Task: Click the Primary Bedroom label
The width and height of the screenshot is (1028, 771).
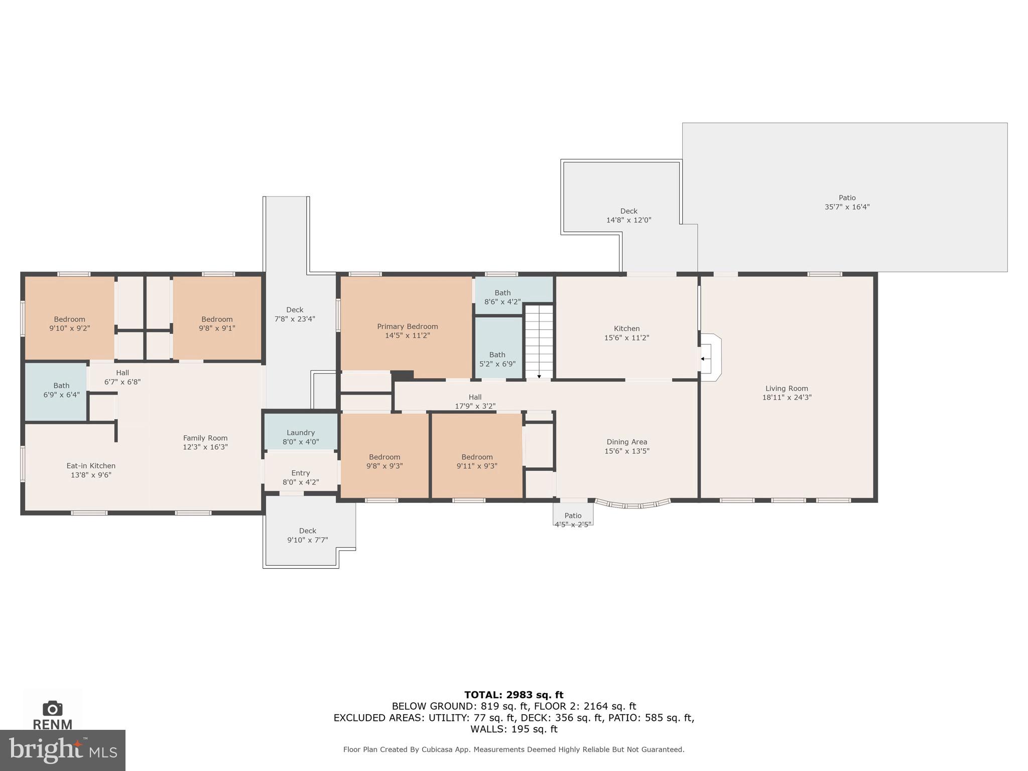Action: [407, 326]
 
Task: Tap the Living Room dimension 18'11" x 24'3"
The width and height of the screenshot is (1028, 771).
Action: [787, 397]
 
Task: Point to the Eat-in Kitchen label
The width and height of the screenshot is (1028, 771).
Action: [91, 466]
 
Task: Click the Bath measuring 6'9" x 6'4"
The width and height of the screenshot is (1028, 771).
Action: [61, 390]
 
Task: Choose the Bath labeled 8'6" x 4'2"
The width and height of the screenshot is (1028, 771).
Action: [502, 297]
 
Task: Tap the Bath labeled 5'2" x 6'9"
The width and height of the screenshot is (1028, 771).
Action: [497, 359]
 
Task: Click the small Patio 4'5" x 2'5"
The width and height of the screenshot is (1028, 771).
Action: [573, 517]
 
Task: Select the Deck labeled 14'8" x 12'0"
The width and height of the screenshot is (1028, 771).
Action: [628, 215]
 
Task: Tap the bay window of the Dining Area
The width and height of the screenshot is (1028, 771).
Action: [632, 504]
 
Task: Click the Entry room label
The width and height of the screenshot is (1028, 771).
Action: [300, 473]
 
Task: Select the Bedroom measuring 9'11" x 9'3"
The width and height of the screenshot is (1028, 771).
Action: [477, 461]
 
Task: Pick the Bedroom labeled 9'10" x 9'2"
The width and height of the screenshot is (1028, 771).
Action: [69, 324]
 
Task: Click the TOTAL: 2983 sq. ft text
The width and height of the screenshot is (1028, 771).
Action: [513, 695]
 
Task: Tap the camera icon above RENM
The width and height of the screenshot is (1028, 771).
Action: [52, 708]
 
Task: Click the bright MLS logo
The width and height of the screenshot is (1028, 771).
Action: [62, 750]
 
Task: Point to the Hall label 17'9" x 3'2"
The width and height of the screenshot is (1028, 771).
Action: [475, 402]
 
